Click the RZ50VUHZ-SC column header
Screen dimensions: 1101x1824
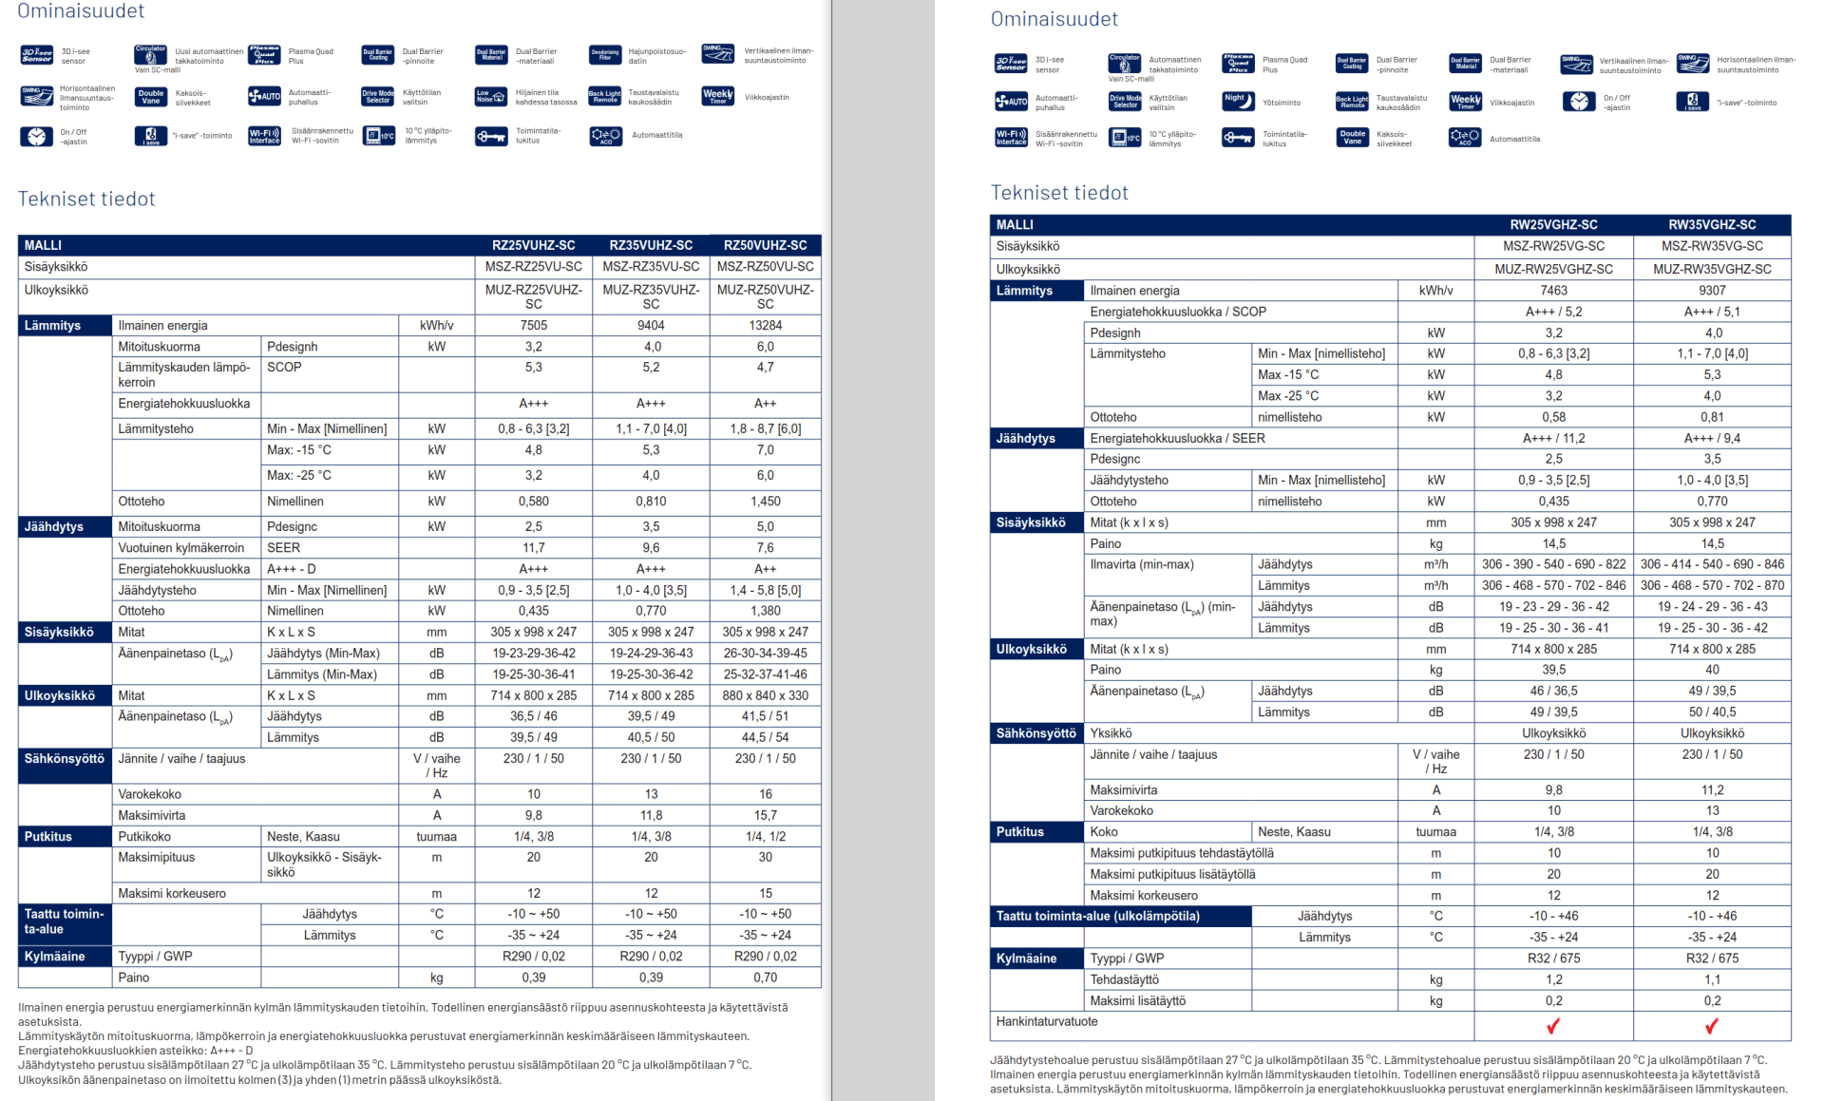(x=765, y=245)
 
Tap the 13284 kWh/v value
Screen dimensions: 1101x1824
(x=765, y=326)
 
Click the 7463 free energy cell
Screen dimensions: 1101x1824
(x=1553, y=291)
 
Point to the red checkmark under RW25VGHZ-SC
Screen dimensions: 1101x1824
(x=1553, y=1026)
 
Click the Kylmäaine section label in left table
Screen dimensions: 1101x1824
(x=55, y=957)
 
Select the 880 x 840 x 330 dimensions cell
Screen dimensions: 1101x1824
(x=765, y=695)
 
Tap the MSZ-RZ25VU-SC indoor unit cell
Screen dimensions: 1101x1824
(x=534, y=267)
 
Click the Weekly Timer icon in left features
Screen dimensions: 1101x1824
(x=717, y=96)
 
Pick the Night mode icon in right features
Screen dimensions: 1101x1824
(x=1238, y=102)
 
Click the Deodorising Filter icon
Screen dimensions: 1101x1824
(x=605, y=55)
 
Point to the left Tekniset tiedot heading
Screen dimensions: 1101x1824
(x=86, y=199)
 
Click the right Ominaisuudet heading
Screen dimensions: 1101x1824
(x=1054, y=19)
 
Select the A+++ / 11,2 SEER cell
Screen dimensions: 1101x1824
(x=1553, y=439)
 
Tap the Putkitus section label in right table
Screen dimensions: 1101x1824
(x=1020, y=832)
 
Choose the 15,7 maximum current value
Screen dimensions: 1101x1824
(x=765, y=815)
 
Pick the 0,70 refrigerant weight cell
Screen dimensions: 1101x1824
(x=765, y=978)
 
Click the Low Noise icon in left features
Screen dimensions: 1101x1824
(x=491, y=96)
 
